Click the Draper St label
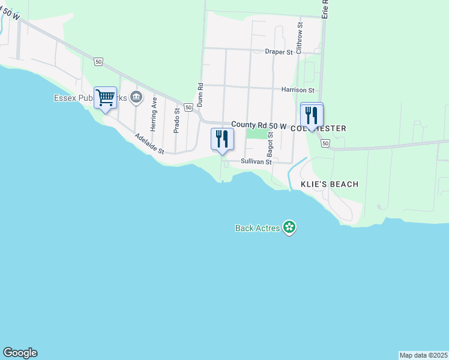(278, 52)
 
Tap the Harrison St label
(298, 90)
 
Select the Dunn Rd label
(200, 95)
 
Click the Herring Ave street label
(154, 115)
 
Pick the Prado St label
(176, 121)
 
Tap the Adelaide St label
(149, 144)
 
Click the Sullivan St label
(256, 162)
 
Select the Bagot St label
(270, 143)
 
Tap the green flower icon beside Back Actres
(290, 227)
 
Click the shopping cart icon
(105, 97)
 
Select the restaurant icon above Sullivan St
(222, 139)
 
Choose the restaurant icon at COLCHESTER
(312, 114)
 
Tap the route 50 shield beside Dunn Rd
(188, 107)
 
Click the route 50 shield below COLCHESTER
(325, 144)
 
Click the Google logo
(20, 353)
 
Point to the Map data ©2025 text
(423, 355)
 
